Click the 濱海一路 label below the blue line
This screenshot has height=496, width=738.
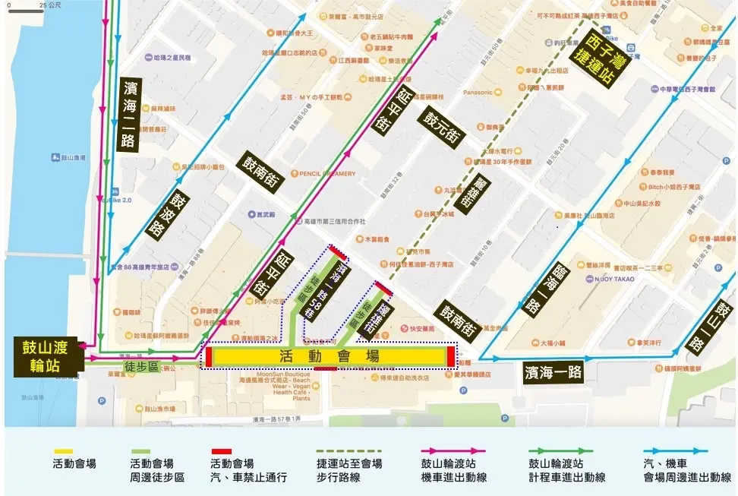553,371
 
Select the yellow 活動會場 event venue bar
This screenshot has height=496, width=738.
329,356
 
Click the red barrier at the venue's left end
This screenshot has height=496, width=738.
208,357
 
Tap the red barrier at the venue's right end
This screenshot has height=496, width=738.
451,356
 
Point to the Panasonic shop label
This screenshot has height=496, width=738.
478,93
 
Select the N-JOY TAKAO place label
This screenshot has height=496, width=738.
615,279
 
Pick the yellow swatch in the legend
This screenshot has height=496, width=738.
63,451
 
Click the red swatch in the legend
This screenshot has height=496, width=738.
221,451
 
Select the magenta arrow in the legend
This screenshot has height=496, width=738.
453,451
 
